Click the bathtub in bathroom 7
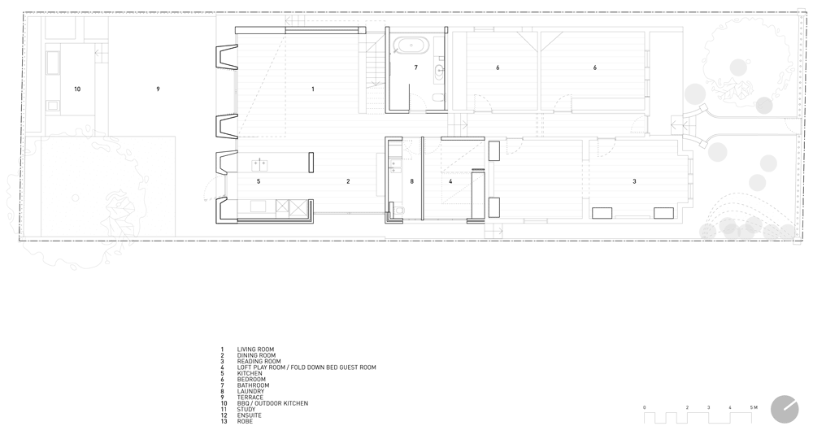tap(410, 45)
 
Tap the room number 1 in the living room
tap(313, 89)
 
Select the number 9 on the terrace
tap(159, 89)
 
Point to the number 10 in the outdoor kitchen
tap(77, 89)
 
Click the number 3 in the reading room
tap(634, 181)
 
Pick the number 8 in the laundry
tap(411, 181)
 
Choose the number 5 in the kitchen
tap(259, 181)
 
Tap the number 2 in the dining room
tap(348, 181)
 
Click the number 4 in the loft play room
tap(450, 181)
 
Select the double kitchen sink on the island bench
tap(259, 165)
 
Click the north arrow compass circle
tap(785, 410)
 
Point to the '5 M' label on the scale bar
tap(754, 408)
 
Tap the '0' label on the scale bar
tap(645, 408)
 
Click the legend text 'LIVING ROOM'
tap(255, 350)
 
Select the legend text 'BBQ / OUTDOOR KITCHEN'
tap(272, 404)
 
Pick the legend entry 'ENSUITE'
tap(250, 415)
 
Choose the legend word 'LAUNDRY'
tap(251, 392)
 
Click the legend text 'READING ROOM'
tap(259, 362)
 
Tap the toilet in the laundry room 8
tap(398, 211)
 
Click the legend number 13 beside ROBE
tap(224, 422)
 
